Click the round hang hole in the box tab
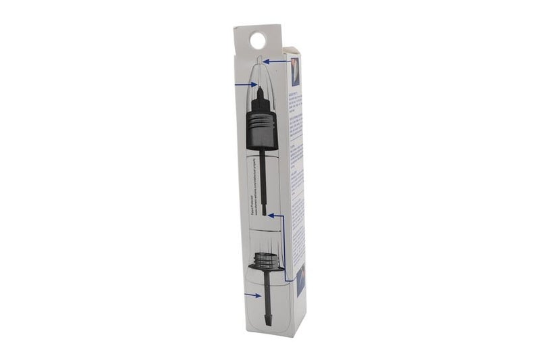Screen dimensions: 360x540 click(x=257, y=41)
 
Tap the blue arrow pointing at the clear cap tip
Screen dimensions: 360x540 click(x=273, y=61)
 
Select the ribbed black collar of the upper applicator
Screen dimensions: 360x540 click(x=260, y=128)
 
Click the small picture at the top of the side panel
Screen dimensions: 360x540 click(x=295, y=70)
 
